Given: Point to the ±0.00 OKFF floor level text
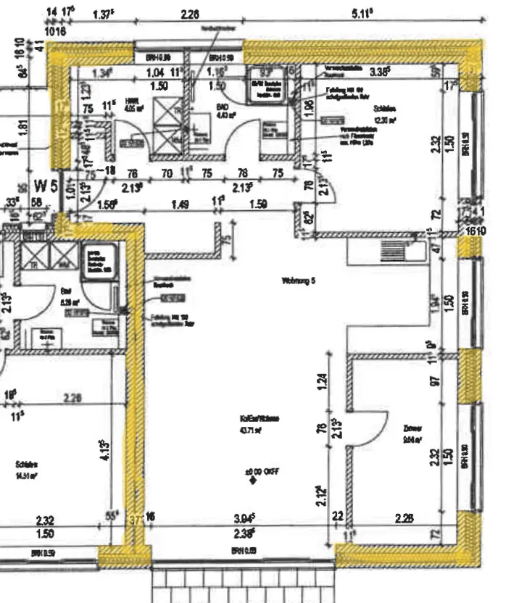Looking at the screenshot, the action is coord(262,472).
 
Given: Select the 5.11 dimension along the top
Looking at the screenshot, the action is coord(360,13).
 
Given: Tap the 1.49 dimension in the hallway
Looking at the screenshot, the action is coord(181,205).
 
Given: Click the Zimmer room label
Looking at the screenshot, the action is coord(413,428).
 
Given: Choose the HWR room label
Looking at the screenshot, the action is coord(131,101).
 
